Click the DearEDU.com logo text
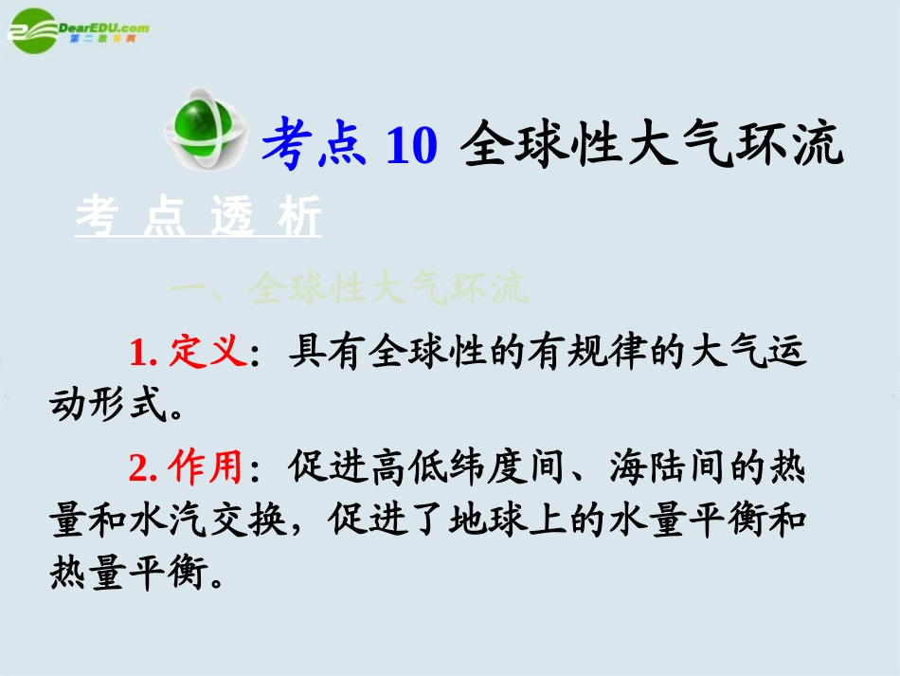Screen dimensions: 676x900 click(x=103, y=29)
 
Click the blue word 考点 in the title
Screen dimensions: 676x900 click(x=314, y=147)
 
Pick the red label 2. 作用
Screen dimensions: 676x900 click(x=187, y=467)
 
